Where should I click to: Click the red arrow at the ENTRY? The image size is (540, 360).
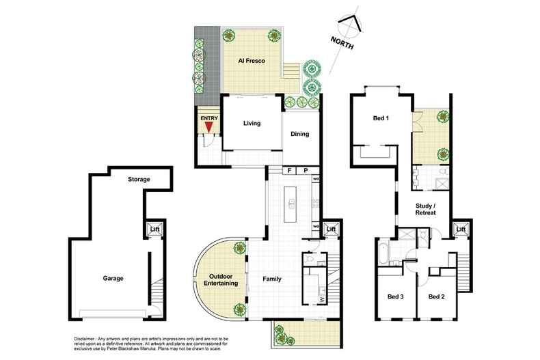[208, 126]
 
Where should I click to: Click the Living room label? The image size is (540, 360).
[254, 124]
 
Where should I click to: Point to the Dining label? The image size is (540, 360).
[300, 134]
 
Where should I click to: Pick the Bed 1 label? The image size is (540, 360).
[381, 118]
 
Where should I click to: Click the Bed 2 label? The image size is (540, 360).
[437, 296]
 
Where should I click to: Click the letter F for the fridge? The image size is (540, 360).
[290, 169]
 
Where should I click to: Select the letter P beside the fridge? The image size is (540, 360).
[306, 169]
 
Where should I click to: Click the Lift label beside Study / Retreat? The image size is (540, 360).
[462, 229]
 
